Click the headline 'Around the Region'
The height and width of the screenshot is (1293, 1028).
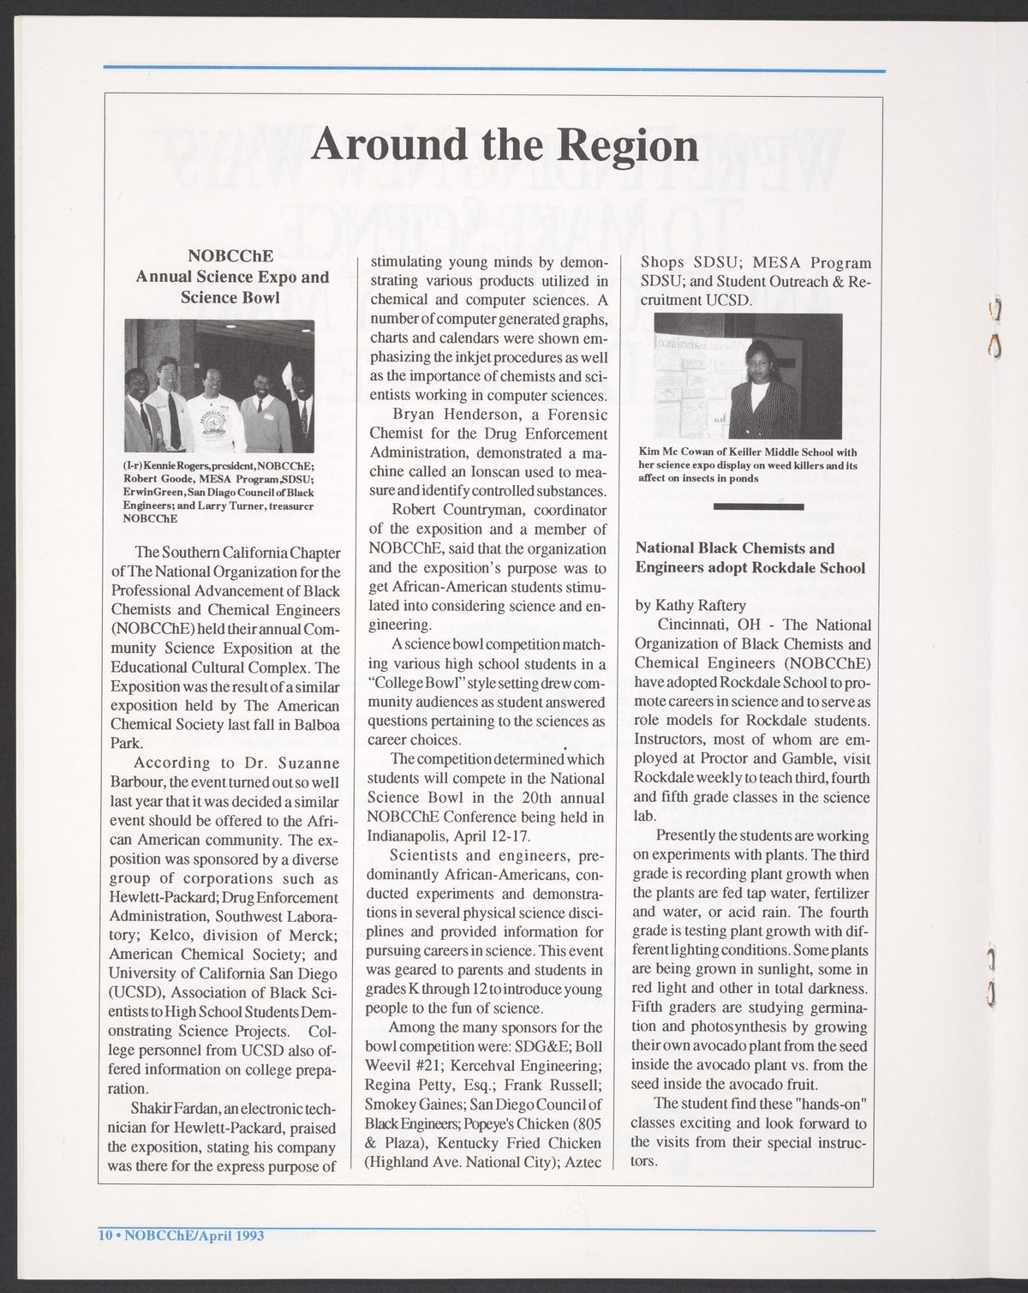[x=505, y=145]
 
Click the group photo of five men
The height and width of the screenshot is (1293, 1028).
[x=219, y=386]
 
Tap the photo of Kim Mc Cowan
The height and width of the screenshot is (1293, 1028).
[x=748, y=376]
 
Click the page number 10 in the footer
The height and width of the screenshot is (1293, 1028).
[x=105, y=1235]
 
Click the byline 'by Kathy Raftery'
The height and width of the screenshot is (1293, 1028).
[x=690, y=605]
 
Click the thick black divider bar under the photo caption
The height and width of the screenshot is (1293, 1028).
[x=758, y=507]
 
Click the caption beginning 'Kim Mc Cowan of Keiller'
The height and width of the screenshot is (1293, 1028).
[x=747, y=464]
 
